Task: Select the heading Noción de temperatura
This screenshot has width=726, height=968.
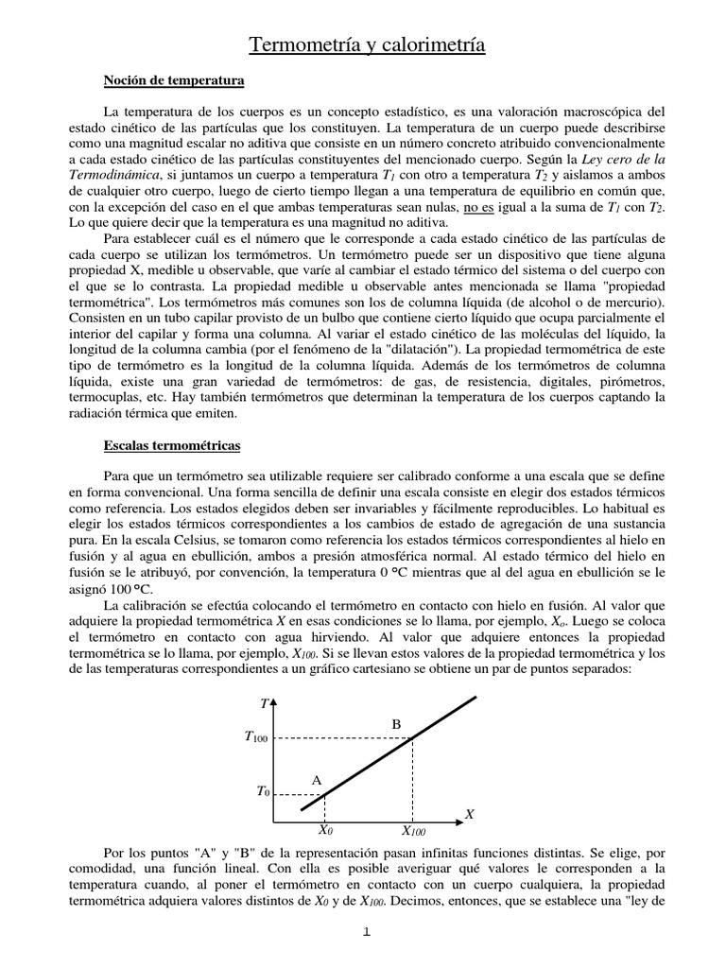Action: [173, 82]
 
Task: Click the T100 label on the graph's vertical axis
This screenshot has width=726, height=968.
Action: [254, 738]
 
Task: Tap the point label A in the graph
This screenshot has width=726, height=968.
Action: [317, 780]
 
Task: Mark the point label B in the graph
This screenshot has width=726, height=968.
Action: [397, 724]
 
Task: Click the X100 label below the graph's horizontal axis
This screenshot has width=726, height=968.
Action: [413, 831]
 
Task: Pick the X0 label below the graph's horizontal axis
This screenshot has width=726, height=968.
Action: [325, 831]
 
